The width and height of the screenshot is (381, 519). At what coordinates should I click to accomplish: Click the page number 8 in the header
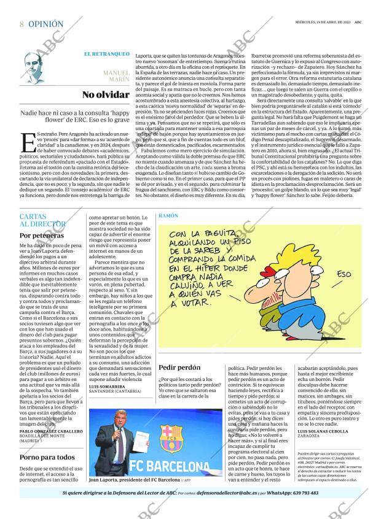(22, 25)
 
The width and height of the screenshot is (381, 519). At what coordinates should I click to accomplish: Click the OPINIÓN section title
(45, 25)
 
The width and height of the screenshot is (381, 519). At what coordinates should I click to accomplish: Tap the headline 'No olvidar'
(106, 94)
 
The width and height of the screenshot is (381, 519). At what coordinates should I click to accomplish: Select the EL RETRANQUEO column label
(106, 54)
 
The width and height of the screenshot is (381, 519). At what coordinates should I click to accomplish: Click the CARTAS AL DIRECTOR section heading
(42, 221)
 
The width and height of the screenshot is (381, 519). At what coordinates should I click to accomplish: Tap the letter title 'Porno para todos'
(47, 456)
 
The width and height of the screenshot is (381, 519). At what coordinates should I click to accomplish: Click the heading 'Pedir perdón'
(179, 367)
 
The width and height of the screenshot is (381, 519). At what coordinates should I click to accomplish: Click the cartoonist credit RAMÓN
(168, 217)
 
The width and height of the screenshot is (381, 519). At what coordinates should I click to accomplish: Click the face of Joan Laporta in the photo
(117, 419)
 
